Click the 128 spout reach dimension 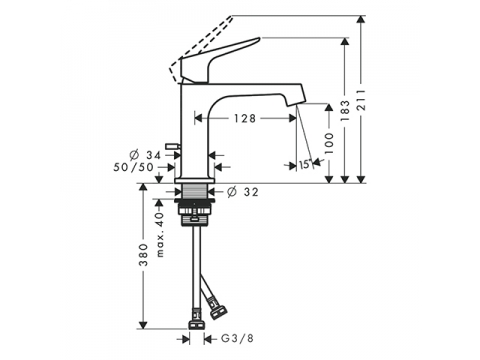[x=245, y=118]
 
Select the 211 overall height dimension [x=361, y=100]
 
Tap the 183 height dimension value [x=346, y=110]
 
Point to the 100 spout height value [x=329, y=143]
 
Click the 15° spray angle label [x=305, y=164]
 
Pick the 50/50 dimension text [x=133, y=167]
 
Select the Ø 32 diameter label [x=243, y=192]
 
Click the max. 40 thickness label [x=160, y=235]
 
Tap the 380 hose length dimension [x=143, y=255]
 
